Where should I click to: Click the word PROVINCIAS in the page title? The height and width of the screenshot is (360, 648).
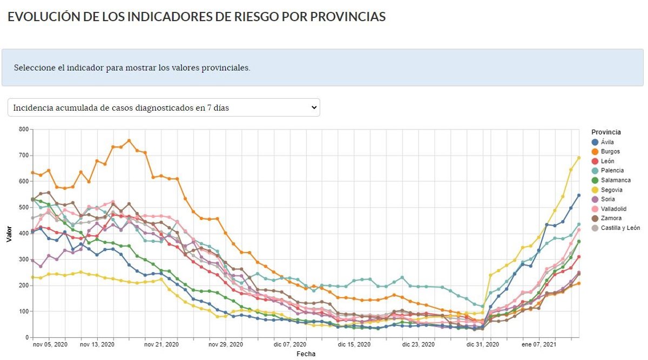pyautogui.click(x=348, y=17)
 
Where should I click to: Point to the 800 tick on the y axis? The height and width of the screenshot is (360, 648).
pyautogui.click(x=23, y=130)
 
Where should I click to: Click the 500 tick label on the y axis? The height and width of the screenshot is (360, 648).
pyautogui.click(x=23, y=207)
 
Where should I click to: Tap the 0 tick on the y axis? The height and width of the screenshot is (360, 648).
pyautogui.click(x=26, y=337)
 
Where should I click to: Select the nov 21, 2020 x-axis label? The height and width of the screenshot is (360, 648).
pyautogui.click(x=160, y=344)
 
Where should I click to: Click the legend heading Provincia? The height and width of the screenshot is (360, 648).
pyautogui.click(x=606, y=132)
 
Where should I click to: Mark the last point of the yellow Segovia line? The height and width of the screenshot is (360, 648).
pyautogui.click(x=578, y=158)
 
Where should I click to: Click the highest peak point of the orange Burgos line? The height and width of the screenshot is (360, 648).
pyautogui.click(x=129, y=141)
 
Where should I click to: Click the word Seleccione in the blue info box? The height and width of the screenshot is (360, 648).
pyautogui.click(x=34, y=68)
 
